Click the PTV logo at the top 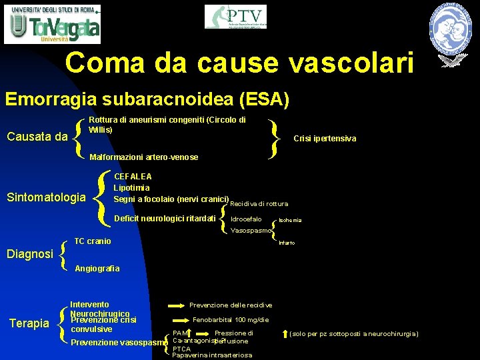pyautogui.click(x=235, y=17)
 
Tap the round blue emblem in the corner pyautogui.click(x=453, y=27)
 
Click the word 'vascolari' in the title pyautogui.click(x=351, y=63)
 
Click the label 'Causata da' pyautogui.click(x=37, y=137)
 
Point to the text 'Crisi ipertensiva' pyautogui.click(x=325, y=139)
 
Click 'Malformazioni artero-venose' pyautogui.click(x=143, y=157)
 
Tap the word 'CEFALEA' pyautogui.click(x=133, y=177)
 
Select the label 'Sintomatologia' pyautogui.click(x=46, y=197)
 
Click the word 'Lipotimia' pyautogui.click(x=131, y=188)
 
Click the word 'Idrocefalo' pyautogui.click(x=246, y=219)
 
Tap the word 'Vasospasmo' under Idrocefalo pyautogui.click(x=251, y=231)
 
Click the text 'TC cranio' pyautogui.click(x=93, y=241)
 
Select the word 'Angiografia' pyautogui.click(x=97, y=269)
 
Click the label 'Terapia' pyautogui.click(x=29, y=323)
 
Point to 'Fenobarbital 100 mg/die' pyautogui.click(x=230, y=320)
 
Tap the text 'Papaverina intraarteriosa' pyautogui.click(x=212, y=355)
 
